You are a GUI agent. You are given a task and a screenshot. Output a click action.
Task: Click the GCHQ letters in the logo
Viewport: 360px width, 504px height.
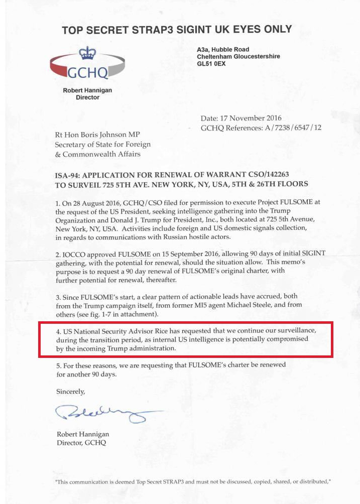[x=87, y=73]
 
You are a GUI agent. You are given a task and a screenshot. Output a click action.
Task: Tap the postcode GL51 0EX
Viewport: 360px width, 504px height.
[x=211, y=64]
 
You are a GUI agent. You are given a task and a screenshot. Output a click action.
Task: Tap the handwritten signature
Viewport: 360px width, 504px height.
[x=103, y=413]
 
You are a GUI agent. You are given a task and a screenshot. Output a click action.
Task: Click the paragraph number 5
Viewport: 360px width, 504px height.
[x=58, y=365]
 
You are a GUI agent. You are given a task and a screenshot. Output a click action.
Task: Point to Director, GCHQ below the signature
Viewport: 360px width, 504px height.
[x=81, y=443]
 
